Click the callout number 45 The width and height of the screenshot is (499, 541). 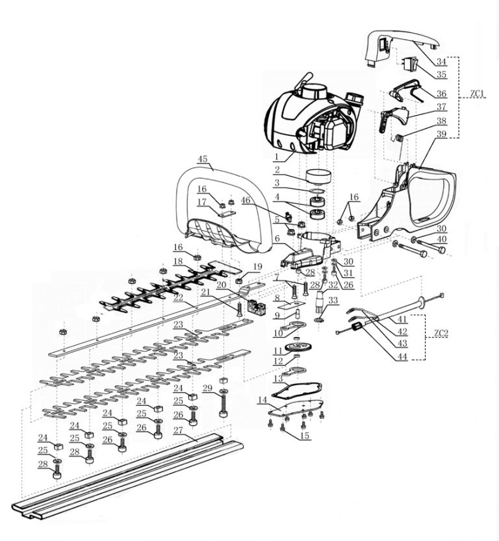pyautogui.click(x=202, y=159)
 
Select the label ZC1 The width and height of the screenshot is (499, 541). pyautogui.click(x=478, y=94)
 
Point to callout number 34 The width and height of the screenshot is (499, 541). pyautogui.click(x=441, y=62)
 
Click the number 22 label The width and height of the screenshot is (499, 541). pyautogui.click(x=177, y=297)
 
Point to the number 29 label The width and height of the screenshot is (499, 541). pyautogui.click(x=207, y=388)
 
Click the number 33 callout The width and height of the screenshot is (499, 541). pyautogui.click(x=334, y=300)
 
